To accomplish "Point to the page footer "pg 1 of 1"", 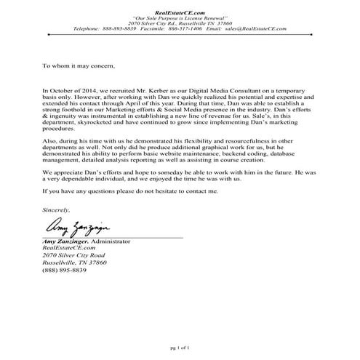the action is (x=179, y=348).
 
